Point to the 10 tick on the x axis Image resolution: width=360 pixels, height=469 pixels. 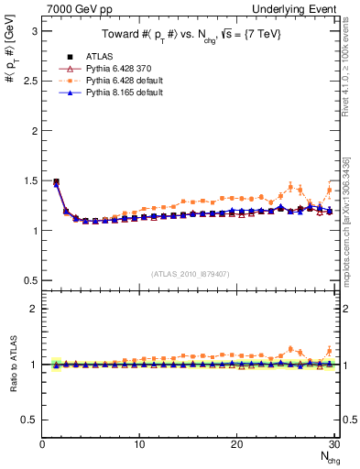click(x=139, y=444)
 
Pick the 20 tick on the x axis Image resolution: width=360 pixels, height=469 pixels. click(x=236, y=444)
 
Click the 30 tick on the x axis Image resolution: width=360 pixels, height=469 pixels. click(x=333, y=444)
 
